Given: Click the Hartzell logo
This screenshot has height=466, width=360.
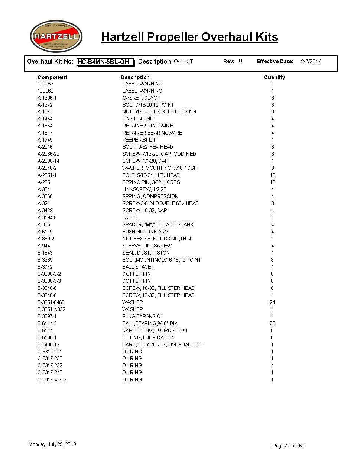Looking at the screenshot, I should tap(56, 36).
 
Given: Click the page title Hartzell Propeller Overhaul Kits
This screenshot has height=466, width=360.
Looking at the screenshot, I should tap(189, 37).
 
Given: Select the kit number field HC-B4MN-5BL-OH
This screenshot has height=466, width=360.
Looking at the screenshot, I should tap(105, 62).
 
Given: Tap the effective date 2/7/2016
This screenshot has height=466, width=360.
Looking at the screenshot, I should tap(311, 62).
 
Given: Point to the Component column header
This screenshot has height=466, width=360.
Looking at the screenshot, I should tap(52, 77).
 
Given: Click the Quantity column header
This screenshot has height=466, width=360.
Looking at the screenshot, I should tap(274, 77).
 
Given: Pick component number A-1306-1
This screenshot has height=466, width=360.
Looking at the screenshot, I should tap(47, 98).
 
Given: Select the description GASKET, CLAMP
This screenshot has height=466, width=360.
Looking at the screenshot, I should tap(142, 98).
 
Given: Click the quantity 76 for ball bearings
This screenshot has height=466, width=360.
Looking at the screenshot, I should tap(272, 323).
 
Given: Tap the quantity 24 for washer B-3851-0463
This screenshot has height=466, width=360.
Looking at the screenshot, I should tap(272, 302).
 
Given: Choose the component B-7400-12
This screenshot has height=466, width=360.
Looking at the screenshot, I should tap(48, 344).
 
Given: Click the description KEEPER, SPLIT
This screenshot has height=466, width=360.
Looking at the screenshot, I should tap(139, 140).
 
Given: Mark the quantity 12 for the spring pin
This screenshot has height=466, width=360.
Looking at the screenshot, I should tap(272, 182).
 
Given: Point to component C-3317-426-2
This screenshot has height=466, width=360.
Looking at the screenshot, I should tap(52, 379).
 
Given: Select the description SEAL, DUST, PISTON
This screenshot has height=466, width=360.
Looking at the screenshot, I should tap(146, 253).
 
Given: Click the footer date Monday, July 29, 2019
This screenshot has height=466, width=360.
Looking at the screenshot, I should tap(52, 444).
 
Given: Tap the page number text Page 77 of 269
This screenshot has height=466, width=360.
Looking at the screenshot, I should tap(288, 446).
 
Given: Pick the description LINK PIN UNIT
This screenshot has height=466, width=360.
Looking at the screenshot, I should tap(138, 119).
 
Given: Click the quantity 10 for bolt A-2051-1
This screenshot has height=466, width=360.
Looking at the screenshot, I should tap(272, 175).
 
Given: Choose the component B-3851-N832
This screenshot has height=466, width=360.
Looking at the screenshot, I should tap(51, 309).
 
